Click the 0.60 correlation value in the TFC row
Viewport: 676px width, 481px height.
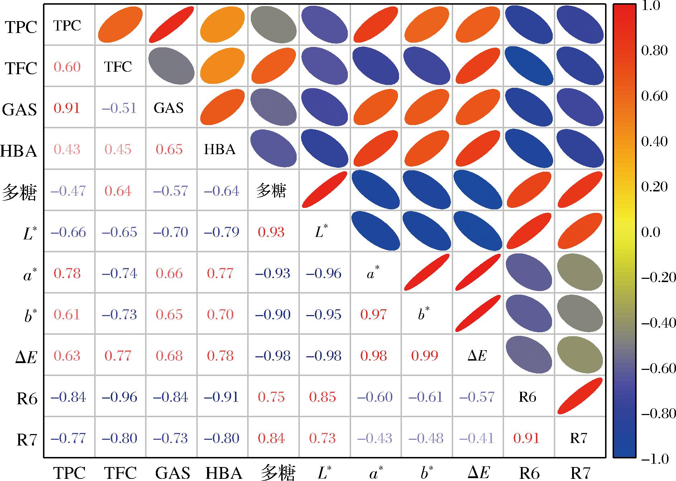[67, 67]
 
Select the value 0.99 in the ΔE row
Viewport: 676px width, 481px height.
[425, 356]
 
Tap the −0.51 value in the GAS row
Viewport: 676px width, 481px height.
[119, 108]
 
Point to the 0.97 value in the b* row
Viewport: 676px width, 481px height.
[373, 315]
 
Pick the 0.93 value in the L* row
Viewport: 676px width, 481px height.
[271, 232]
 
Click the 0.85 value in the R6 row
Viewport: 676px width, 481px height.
[323, 397]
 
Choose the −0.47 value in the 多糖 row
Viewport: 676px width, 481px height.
[68, 191]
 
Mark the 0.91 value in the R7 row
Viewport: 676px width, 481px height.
[526, 438]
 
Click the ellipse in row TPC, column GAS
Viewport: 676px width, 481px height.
[172, 25]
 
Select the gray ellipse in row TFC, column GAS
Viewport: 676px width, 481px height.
[172, 66]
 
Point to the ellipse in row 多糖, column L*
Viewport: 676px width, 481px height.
[325, 190]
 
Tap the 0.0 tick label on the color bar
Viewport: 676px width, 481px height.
[651, 232]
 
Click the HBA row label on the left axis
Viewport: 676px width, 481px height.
[19, 151]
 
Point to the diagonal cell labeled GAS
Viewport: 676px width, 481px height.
[168, 108]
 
